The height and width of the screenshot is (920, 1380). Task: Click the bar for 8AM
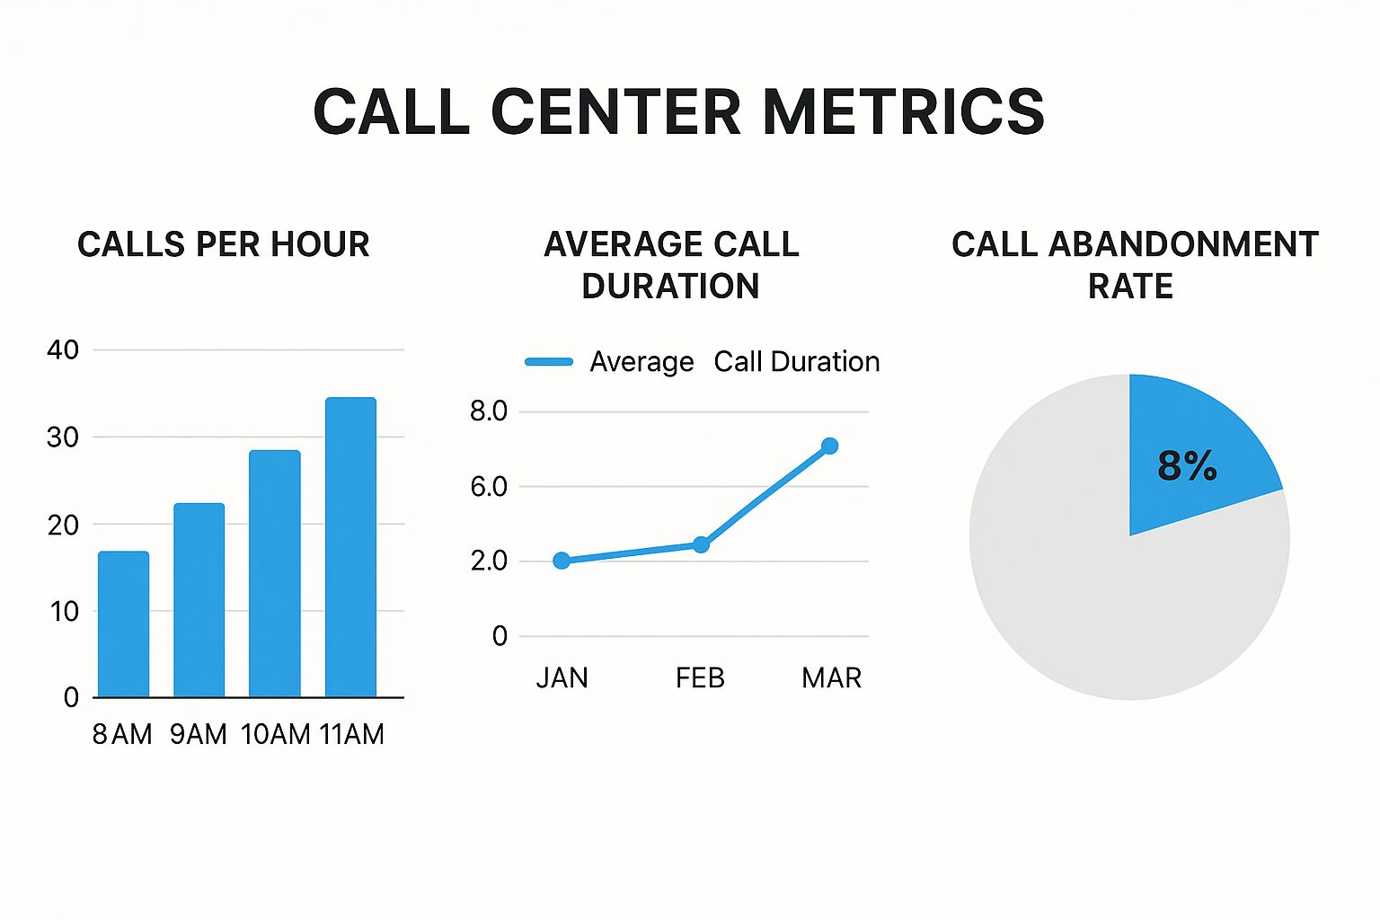pyautogui.click(x=123, y=624)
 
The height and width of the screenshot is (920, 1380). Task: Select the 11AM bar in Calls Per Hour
pyautogui.click(x=350, y=547)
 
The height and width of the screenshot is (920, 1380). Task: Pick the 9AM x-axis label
pyautogui.click(x=199, y=734)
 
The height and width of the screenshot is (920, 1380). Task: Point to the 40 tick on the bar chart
pyautogui.click(x=63, y=349)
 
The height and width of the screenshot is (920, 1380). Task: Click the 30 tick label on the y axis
pyautogui.click(x=63, y=438)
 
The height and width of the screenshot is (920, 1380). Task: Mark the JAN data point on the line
pyautogui.click(x=562, y=561)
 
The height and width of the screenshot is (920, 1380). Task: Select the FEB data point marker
pyautogui.click(x=702, y=544)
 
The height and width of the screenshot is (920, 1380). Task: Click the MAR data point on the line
pyautogui.click(x=829, y=446)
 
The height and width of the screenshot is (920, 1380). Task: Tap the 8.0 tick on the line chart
pyautogui.click(x=489, y=411)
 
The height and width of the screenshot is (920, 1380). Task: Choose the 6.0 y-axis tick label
pyautogui.click(x=489, y=487)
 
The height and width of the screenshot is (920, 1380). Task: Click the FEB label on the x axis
pyautogui.click(x=700, y=677)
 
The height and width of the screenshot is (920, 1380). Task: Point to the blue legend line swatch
pyautogui.click(x=549, y=362)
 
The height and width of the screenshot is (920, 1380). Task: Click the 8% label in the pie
pyautogui.click(x=1187, y=465)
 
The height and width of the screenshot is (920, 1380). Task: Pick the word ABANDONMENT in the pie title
pyautogui.click(x=1183, y=244)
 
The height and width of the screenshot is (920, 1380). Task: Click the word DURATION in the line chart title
pyautogui.click(x=670, y=287)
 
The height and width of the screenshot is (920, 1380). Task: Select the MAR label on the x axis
pyautogui.click(x=831, y=677)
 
